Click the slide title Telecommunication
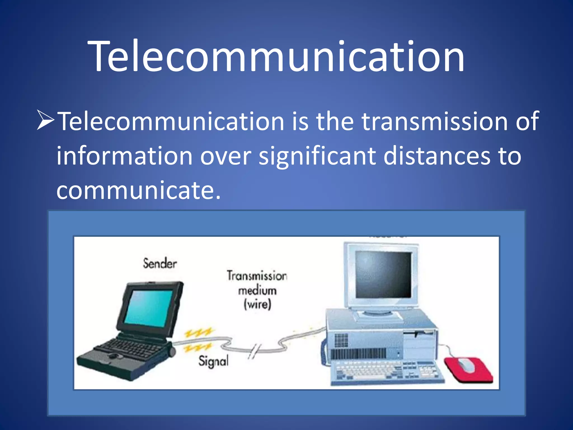(276, 56)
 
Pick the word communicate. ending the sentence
(138, 190)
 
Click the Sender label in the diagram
(160, 263)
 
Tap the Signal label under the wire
(213, 361)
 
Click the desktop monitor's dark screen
(384, 275)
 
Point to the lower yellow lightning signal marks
(197, 348)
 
